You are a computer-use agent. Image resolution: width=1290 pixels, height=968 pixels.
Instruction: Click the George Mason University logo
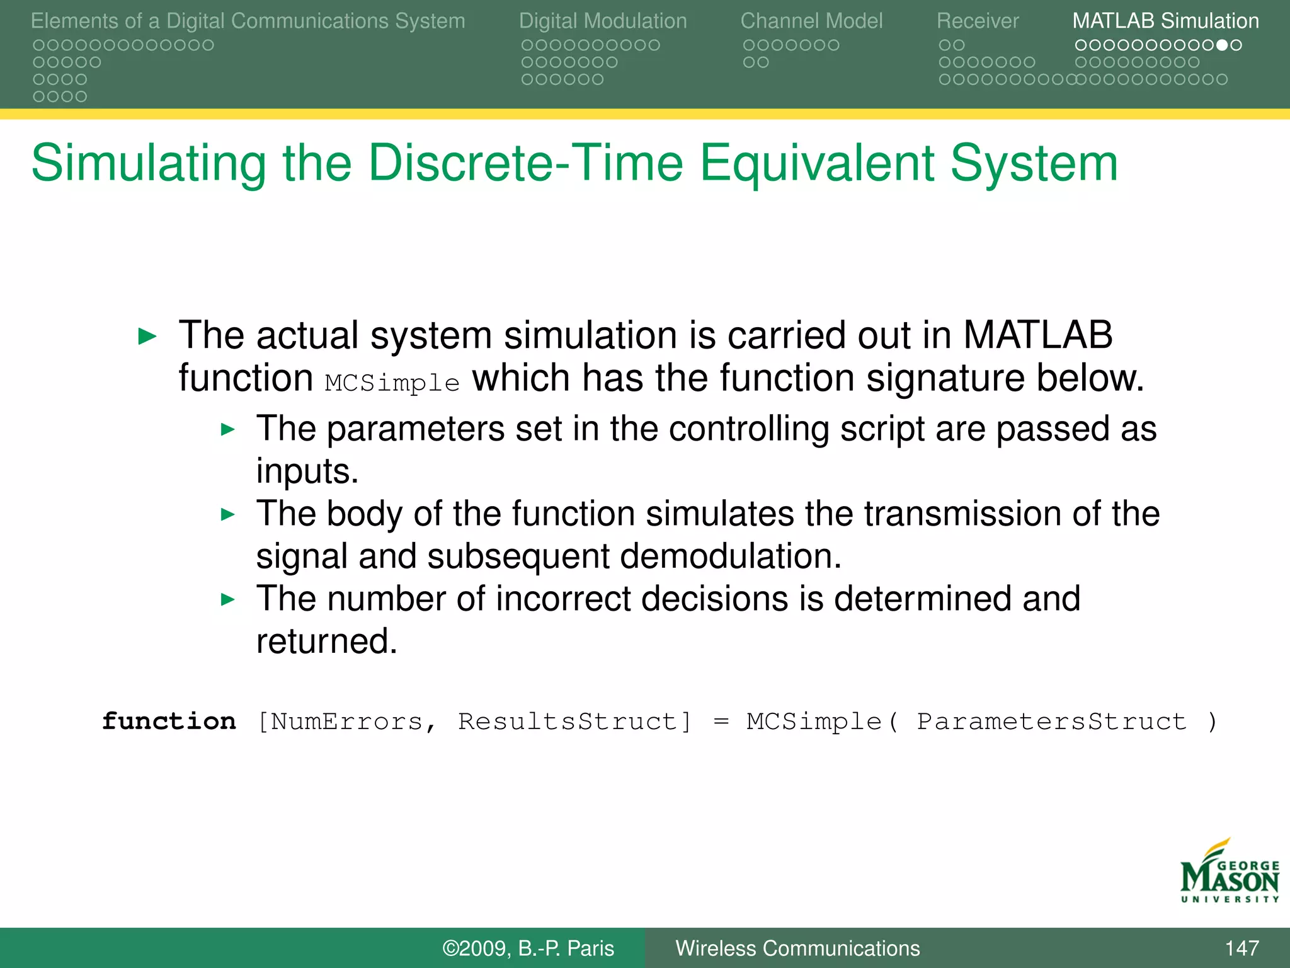(x=1229, y=872)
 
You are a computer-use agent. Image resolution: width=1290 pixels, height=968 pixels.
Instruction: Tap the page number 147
(x=1241, y=948)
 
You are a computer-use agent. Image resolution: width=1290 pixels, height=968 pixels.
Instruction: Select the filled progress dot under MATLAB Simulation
(x=1221, y=45)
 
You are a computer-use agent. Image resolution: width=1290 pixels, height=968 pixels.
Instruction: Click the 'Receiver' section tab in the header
(x=977, y=21)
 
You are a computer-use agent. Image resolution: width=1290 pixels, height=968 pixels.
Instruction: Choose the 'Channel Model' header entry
(x=811, y=21)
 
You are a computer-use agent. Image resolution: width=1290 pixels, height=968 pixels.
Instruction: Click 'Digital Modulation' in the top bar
(x=602, y=21)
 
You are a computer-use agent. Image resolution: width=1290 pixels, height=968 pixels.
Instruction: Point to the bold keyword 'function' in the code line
(x=169, y=721)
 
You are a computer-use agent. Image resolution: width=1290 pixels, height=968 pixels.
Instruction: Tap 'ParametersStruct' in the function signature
(x=1051, y=722)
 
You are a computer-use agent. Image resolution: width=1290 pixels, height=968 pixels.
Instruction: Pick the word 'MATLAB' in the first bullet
(x=1037, y=335)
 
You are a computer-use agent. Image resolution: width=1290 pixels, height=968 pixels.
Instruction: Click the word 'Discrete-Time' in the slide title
(x=525, y=163)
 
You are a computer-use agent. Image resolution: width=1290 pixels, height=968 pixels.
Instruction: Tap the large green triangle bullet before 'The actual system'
(x=147, y=337)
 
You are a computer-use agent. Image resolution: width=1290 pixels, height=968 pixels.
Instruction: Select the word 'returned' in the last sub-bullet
(x=325, y=642)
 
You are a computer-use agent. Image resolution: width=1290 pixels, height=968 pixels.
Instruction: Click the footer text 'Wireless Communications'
(x=797, y=948)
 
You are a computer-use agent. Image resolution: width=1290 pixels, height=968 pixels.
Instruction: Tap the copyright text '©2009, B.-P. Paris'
(x=528, y=948)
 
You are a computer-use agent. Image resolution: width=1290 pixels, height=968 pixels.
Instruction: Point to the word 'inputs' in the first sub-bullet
(x=305, y=471)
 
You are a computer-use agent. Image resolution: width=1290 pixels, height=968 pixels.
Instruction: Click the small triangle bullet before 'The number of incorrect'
(x=228, y=599)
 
